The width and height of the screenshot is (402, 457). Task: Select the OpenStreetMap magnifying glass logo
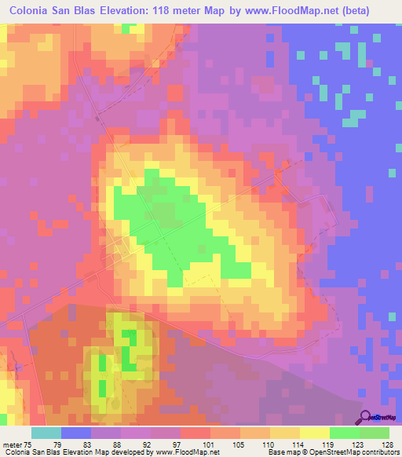(x=366, y=416)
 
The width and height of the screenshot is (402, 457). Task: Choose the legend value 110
(x=270, y=444)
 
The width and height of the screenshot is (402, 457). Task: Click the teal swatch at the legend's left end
(x=46, y=433)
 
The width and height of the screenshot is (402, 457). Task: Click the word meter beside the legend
(x=13, y=444)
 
